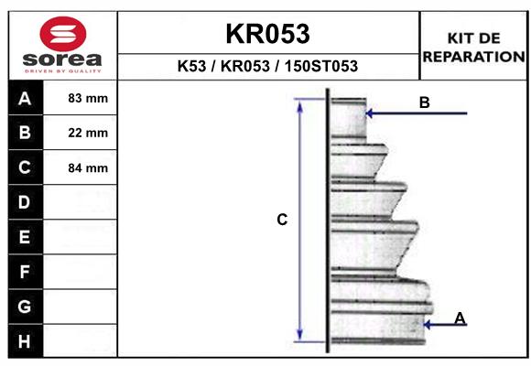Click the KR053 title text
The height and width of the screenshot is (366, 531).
pos(267,34)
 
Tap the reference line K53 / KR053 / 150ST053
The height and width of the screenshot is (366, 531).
pos(267,67)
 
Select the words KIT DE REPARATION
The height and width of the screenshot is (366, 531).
pos(473,48)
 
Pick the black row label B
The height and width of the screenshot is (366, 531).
pos(25,133)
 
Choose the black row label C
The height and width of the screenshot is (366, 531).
pos(25,167)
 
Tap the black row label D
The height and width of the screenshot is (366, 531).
pos(25,202)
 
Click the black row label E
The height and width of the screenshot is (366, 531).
pos(25,237)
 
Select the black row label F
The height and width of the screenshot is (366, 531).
pos(25,272)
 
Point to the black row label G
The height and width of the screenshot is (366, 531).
pos(25,306)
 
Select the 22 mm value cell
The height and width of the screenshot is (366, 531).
pos(89,133)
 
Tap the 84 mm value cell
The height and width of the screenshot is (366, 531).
pos(89,167)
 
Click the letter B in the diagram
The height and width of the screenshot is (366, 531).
pos(424,102)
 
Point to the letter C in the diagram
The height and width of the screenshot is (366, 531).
pos(282,220)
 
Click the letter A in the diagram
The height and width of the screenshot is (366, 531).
pos(460,318)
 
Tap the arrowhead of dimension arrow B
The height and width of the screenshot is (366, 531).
pos(369,113)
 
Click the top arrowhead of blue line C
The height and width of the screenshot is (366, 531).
pos(299,103)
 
